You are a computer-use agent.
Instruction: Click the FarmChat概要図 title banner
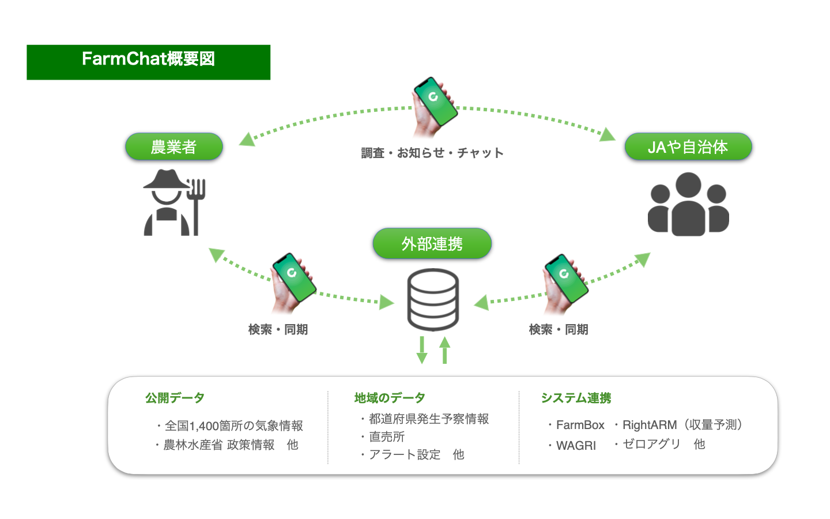point(148,62)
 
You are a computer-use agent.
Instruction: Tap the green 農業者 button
point(173,147)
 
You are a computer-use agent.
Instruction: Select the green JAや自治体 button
point(688,147)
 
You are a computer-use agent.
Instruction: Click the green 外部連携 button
point(432,244)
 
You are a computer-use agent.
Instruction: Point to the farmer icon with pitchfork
point(173,203)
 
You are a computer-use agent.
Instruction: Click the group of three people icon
point(688,205)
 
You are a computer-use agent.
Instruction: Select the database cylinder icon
point(433,300)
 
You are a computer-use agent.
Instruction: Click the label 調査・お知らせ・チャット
point(432,153)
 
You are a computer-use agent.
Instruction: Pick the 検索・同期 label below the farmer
point(278,329)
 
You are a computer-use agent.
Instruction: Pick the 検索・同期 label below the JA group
point(559,329)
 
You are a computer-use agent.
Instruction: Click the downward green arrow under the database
point(422,349)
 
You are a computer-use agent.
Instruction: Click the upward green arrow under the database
point(444,349)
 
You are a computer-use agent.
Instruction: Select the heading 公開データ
point(175,398)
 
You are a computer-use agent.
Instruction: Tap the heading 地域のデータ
point(390,398)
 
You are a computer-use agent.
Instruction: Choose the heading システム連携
point(576,398)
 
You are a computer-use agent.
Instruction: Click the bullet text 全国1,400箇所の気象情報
point(233,426)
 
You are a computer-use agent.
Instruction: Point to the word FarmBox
point(580,425)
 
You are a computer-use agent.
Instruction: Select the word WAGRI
point(576,445)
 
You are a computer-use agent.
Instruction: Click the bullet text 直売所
point(387,437)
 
